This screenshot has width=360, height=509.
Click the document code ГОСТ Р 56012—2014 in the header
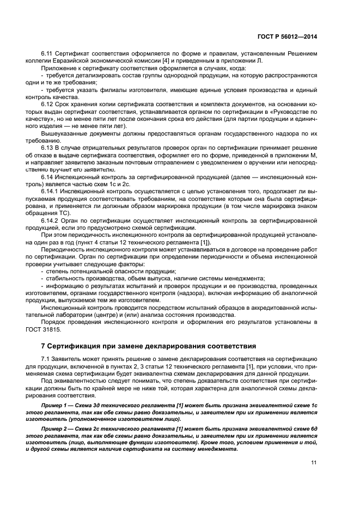(x=286, y=37)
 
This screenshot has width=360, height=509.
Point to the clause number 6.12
(x=48, y=103)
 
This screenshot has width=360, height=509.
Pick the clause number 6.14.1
(x=51, y=192)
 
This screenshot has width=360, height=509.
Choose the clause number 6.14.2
(x=51, y=220)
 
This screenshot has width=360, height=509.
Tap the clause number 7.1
(x=46, y=360)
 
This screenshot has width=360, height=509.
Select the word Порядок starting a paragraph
(x=53, y=322)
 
